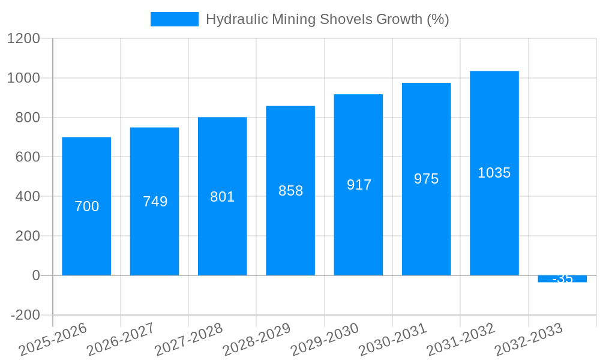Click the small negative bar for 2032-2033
562,279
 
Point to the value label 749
155,202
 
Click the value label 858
291,191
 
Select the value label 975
426,179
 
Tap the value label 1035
494,173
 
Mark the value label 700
86,206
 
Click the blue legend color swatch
174,19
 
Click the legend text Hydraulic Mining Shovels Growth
327,19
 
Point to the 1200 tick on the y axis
23,38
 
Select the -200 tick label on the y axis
25,315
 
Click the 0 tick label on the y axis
35,275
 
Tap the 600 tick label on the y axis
27,157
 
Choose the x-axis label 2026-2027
121,340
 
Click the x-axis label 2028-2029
257,340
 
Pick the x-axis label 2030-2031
392,340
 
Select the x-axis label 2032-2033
529,340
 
